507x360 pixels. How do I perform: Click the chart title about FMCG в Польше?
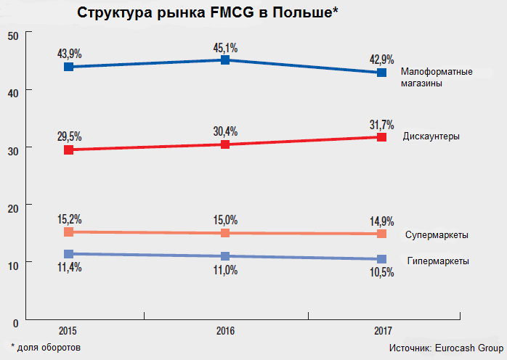click(x=208, y=14)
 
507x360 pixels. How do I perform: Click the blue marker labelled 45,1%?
click(x=225, y=60)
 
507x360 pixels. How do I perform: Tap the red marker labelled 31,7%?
click(x=381, y=136)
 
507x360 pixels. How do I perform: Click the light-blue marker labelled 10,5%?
click(x=381, y=259)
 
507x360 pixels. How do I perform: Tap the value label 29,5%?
click(x=69, y=136)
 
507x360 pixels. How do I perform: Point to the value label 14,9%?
click(x=381, y=221)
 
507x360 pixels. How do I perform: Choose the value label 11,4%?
click(x=69, y=268)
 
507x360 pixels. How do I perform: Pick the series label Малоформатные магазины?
click(x=437, y=78)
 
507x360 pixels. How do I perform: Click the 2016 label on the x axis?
click(x=225, y=332)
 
